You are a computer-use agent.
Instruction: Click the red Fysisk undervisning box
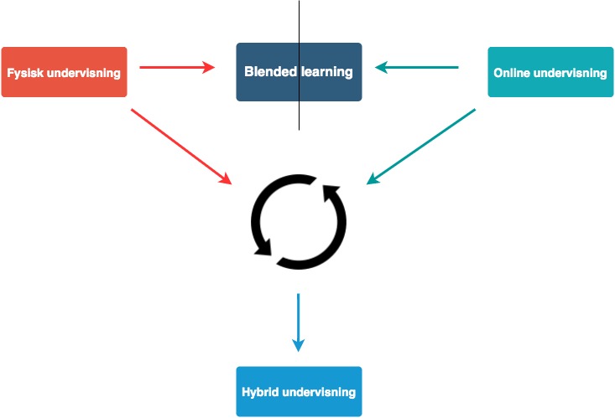tap(64, 72)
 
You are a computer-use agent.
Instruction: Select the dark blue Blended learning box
tap(299, 72)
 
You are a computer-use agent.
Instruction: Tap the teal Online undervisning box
tap(550, 72)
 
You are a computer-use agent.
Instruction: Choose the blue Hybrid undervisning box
tap(299, 391)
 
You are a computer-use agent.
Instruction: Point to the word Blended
tap(271, 71)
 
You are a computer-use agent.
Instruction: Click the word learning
tap(327, 72)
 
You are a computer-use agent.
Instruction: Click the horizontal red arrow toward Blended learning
tap(177, 67)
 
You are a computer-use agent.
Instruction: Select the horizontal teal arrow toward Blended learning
tap(416, 67)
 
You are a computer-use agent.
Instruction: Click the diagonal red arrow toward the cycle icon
tap(181, 147)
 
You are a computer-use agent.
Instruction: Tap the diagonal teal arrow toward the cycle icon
tap(421, 147)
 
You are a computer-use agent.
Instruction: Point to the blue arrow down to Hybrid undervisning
tap(299, 323)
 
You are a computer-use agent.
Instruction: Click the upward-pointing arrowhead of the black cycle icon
tap(330, 193)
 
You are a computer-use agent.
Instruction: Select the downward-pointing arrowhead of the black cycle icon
tap(263, 248)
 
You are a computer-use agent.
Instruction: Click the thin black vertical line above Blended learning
tap(299, 65)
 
